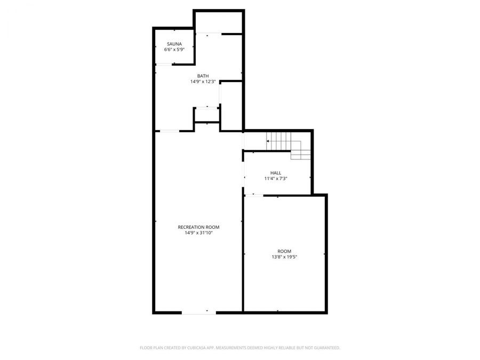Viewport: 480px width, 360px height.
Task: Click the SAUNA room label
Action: [x=174, y=44]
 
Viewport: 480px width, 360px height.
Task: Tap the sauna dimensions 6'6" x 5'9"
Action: [x=174, y=50]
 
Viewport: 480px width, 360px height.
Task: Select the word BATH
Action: [x=203, y=76]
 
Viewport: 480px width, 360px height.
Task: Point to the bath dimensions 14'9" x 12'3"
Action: [x=203, y=82]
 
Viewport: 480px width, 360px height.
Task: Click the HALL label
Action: [x=276, y=173]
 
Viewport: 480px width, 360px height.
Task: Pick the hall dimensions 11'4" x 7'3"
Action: [x=276, y=179]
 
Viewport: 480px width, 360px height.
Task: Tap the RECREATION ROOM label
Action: [x=198, y=227]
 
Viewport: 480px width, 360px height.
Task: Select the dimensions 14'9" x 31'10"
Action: [x=198, y=233]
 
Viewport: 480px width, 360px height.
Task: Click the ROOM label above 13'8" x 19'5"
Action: [x=284, y=251]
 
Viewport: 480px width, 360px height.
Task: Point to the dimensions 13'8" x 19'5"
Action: [x=284, y=257]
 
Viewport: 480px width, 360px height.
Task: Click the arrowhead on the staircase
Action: [x=268, y=141]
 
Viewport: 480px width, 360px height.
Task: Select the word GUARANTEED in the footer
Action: [x=324, y=348]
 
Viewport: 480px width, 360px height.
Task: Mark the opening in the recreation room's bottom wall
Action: [x=199, y=313]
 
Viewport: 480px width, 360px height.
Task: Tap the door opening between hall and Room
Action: [x=254, y=195]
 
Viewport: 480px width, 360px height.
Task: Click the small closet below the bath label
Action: [x=206, y=115]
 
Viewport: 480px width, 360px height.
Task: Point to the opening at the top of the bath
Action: [x=208, y=34]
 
